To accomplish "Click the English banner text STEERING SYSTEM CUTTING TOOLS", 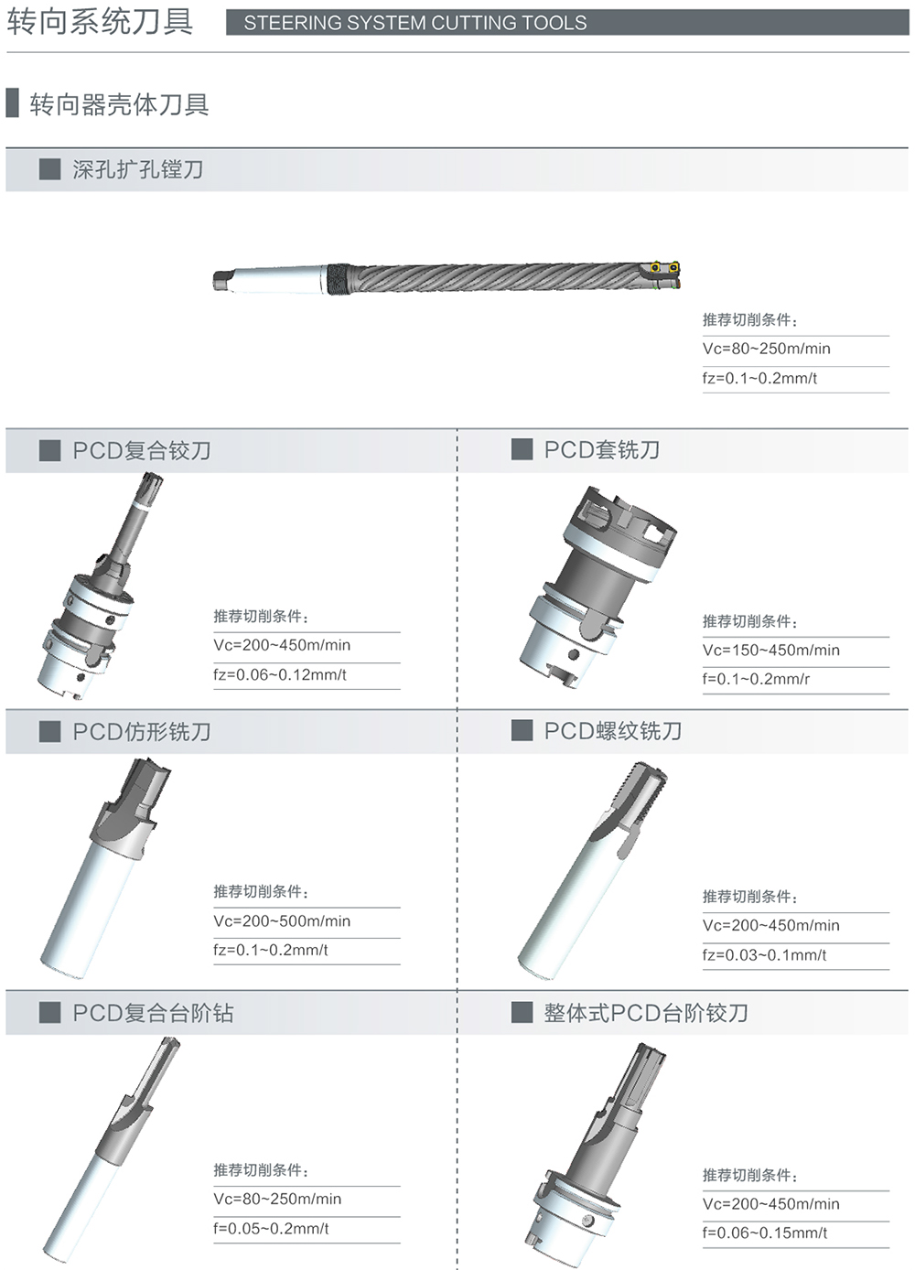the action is click(415, 23).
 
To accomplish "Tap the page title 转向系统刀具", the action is click(100, 22).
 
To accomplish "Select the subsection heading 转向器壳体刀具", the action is click(119, 104).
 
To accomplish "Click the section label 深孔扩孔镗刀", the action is click(137, 169).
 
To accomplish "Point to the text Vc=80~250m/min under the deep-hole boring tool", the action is click(766, 348).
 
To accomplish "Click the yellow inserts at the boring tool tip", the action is click(664, 266).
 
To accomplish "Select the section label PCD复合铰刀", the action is click(142, 451).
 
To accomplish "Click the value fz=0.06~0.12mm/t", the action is click(279, 674).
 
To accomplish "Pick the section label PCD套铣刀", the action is click(602, 449).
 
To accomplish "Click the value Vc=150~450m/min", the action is click(771, 650).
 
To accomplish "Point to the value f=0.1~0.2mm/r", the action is click(757, 679).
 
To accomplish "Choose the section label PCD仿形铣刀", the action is click(142, 731).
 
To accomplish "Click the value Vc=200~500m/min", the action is click(282, 920).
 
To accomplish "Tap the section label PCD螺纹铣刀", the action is click(613, 731).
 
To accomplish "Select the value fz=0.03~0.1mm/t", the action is click(764, 954).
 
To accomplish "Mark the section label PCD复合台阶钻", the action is click(153, 1013).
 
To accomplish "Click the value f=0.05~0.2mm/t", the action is click(271, 1229).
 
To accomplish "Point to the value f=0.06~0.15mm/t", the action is click(765, 1233).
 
